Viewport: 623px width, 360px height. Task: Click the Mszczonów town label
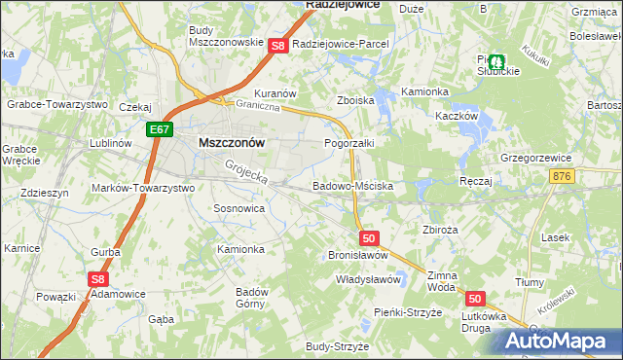[x=232, y=141]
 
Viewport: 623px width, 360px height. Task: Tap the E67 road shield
[x=162, y=128]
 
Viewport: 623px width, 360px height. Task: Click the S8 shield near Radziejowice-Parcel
[x=277, y=46]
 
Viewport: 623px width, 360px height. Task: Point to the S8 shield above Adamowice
[x=96, y=279]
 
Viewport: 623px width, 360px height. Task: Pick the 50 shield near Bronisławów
[x=367, y=237]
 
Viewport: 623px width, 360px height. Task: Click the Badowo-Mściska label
[x=351, y=185]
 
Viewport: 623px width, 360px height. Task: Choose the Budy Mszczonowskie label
[x=226, y=36]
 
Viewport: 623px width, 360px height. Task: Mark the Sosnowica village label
[x=238, y=208]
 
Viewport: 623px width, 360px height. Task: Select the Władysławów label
[x=368, y=279]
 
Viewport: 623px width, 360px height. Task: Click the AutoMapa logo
[x=559, y=341]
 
